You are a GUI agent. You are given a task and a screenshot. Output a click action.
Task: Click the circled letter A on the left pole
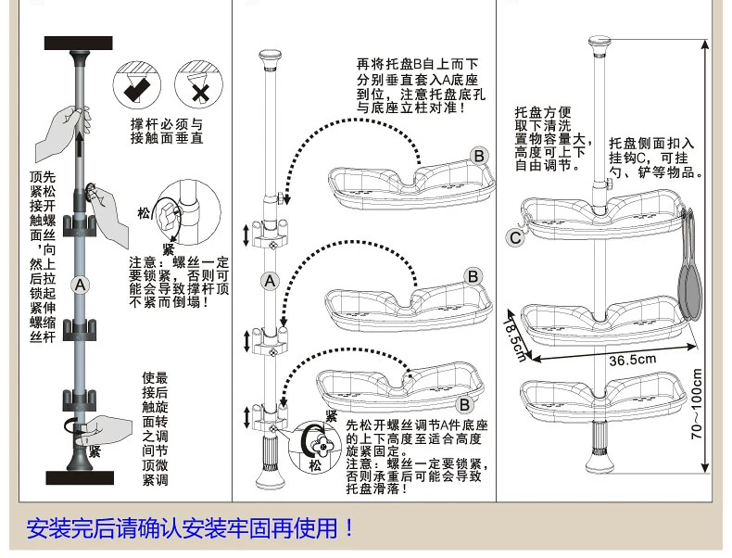tap(80, 285)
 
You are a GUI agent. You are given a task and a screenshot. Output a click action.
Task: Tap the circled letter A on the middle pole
tap(269, 280)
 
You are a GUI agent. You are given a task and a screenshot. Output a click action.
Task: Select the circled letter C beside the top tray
tap(515, 237)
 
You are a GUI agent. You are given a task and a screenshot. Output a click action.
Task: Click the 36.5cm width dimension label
tap(633, 360)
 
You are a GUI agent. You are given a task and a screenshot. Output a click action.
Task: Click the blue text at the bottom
tap(191, 529)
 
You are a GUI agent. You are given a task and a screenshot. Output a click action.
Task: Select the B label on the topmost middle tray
tap(479, 156)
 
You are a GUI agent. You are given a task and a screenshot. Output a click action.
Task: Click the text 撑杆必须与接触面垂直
tap(167, 131)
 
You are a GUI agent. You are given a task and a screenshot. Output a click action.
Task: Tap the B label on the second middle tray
tap(471, 276)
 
